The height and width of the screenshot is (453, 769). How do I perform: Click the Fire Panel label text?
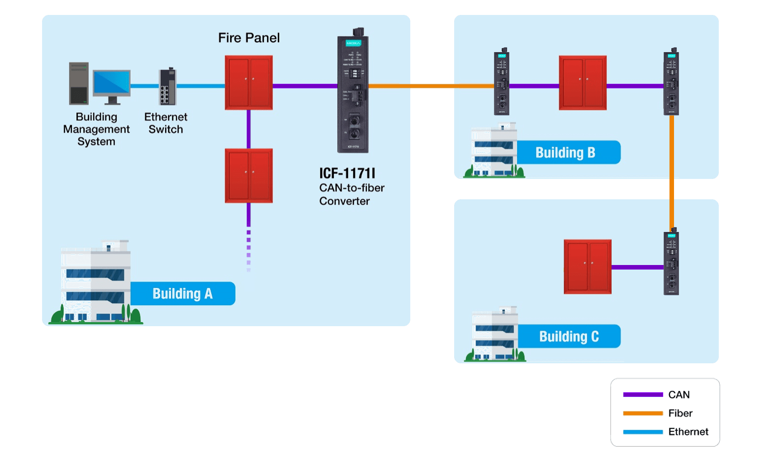click(249, 38)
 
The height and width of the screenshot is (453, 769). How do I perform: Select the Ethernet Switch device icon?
click(167, 87)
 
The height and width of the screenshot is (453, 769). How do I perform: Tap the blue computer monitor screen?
click(112, 83)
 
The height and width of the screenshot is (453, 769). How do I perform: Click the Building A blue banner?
click(182, 294)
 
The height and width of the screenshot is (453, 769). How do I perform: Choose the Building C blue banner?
click(569, 336)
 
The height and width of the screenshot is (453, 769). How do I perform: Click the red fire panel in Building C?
click(588, 267)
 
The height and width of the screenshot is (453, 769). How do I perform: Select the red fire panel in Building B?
click(583, 83)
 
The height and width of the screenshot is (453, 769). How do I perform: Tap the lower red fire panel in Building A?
click(249, 176)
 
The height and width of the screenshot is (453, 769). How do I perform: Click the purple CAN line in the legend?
click(643, 395)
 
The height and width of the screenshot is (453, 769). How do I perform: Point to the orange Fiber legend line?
click(643, 413)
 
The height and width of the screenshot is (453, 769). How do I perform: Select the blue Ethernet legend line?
click(643, 432)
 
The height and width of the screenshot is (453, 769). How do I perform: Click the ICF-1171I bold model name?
click(347, 173)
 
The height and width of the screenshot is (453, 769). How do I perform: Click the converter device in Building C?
click(671, 263)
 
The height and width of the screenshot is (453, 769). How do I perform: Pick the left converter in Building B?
click(502, 82)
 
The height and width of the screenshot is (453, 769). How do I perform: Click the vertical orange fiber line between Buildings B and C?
click(672, 172)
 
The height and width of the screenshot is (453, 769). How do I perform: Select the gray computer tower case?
click(79, 84)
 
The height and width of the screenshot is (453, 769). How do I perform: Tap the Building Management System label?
click(96, 129)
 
